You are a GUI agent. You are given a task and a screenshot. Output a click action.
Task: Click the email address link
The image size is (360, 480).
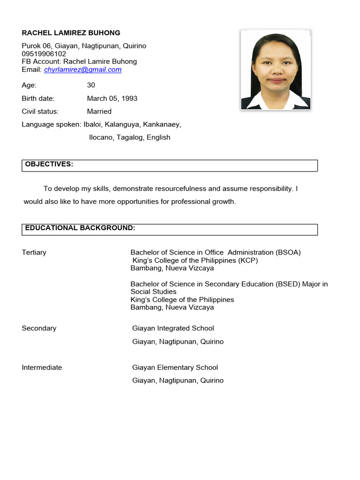pos(82,70)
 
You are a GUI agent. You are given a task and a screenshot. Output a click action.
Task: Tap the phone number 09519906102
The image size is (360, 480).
pos(44,54)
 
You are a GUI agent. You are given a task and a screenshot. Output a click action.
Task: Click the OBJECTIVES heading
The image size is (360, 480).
pos(49,164)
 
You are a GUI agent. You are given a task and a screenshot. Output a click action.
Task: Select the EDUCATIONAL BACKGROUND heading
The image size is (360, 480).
pos(80,228)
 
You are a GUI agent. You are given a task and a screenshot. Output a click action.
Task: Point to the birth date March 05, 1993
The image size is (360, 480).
pos(112,98)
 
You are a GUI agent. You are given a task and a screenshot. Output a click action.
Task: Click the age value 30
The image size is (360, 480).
pos(91,85)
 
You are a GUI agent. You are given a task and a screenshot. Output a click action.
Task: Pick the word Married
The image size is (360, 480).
pos(99,112)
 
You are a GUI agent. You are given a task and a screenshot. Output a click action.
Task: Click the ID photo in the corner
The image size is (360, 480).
pos(276,70)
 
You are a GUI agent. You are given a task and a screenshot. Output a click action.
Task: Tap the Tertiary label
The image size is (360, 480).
pos(34,253)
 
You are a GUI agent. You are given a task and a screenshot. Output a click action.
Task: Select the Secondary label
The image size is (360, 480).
pos(39,329)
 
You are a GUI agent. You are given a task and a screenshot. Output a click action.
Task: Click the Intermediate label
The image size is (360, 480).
pos(42,368)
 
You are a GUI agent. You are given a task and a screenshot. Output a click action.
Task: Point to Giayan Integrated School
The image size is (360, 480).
pos(173,329)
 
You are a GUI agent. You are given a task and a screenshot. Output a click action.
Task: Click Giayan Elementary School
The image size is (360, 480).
pos(175,368)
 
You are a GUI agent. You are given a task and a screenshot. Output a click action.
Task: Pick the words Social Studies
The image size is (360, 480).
pos(153,292)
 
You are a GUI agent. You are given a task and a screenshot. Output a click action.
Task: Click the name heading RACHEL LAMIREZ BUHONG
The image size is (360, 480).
pos(71,33)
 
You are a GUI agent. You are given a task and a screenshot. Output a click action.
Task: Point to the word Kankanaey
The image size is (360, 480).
pos(162,125)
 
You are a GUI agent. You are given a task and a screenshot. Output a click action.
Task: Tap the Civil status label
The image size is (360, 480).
pos(40,112)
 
